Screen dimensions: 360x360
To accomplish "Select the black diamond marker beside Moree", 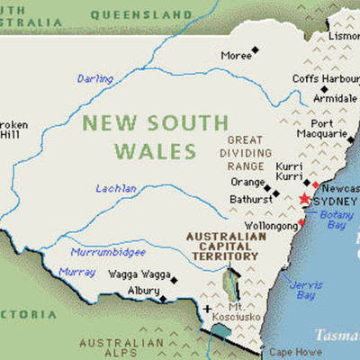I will [x=256, y=50].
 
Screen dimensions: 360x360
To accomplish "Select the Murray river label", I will [x=76, y=272].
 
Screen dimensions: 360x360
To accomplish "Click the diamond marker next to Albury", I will [x=163, y=297].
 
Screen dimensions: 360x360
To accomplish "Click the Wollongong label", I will [x=270, y=226].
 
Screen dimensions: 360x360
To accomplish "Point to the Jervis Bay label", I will [x=303, y=291].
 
